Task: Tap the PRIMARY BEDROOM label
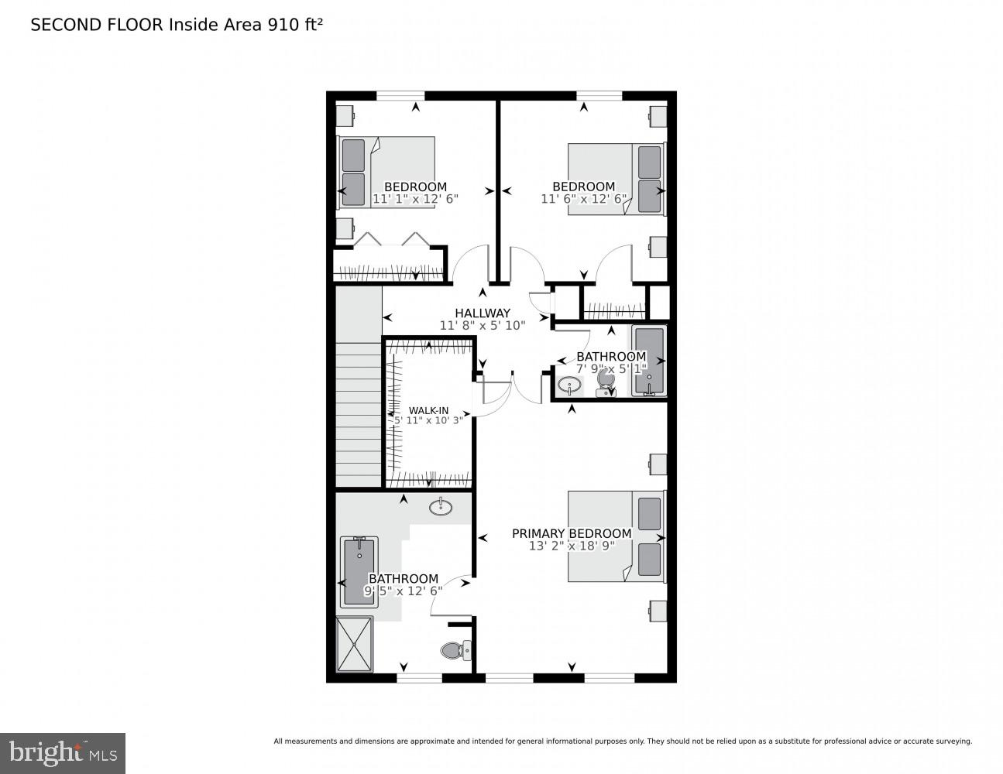(x=572, y=533)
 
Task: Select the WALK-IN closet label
(x=428, y=410)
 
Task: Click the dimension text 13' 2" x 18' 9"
(x=572, y=546)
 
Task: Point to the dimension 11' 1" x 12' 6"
(x=415, y=199)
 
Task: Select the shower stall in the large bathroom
(x=354, y=644)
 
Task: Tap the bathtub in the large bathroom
(x=359, y=571)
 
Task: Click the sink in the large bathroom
(x=441, y=507)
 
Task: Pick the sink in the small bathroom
(x=570, y=384)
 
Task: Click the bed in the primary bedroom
(x=616, y=536)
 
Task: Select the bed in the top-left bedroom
(x=386, y=172)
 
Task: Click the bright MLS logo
(x=62, y=752)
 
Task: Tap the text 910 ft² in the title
(x=294, y=25)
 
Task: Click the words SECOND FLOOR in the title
(x=96, y=25)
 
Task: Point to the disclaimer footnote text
(x=622, y=741)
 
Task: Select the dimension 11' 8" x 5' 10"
(x=483, y=326)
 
